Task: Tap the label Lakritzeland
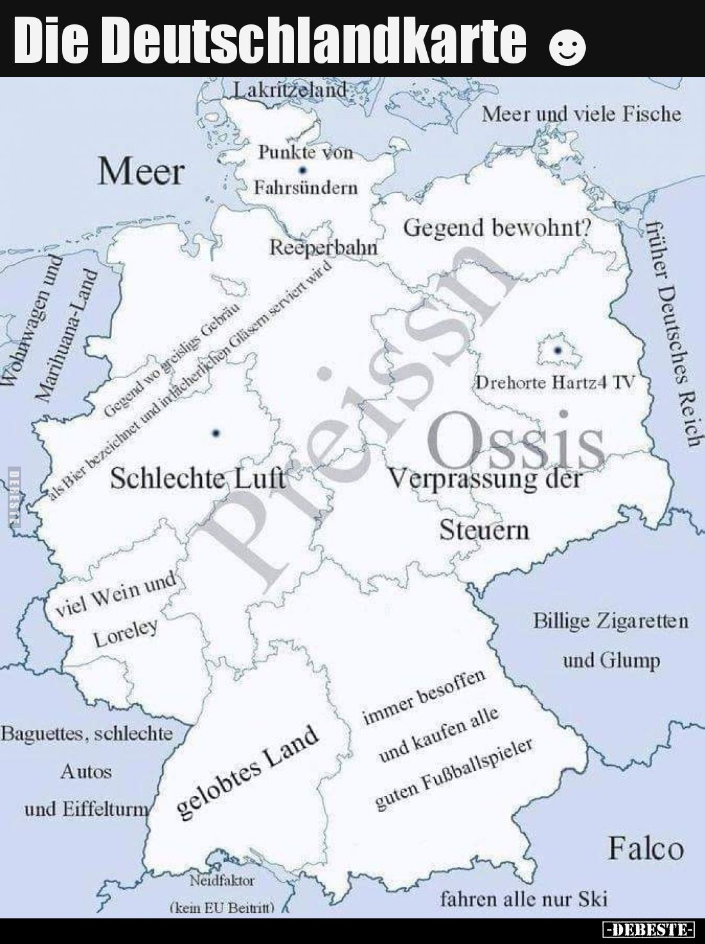(x=290, y=90)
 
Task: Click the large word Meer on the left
(x=141, y=172)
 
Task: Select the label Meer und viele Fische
(x=581, y=114)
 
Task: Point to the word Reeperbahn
(x=323, y=247)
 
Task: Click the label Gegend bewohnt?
(x=497, y=227)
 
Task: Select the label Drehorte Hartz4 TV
(x=555, y=383)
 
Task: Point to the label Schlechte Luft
(x=197, y=478)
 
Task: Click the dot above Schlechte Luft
(x=215, y=434)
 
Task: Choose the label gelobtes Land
(x=247, y=772)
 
